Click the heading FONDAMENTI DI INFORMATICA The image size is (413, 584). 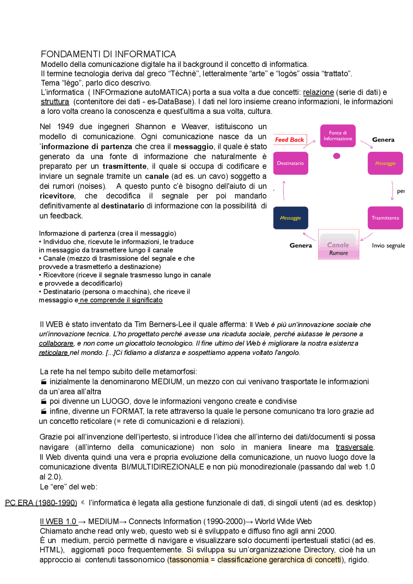(108, 54)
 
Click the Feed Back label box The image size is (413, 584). (289, 140)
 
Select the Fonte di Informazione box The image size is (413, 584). (337, 136)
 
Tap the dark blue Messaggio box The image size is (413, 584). (290, 218)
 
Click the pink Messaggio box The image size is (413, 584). (385, 163)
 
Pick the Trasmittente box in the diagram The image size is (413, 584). (385, 218)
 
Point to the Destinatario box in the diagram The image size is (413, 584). (290, 163)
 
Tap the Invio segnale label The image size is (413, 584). (388, 245)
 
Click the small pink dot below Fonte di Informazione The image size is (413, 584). (337, 156)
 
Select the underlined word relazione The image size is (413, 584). (318, 92)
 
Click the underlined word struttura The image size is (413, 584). (55, 102)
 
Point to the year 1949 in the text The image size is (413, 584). (65, 127)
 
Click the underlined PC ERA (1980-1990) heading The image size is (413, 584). (41, 503)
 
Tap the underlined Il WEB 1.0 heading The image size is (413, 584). (58, 522)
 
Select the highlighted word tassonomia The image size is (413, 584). (189, 560)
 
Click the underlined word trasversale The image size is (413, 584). (354, 447)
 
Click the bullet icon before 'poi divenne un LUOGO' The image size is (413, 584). (44, 401)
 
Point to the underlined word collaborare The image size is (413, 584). (56, 343)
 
